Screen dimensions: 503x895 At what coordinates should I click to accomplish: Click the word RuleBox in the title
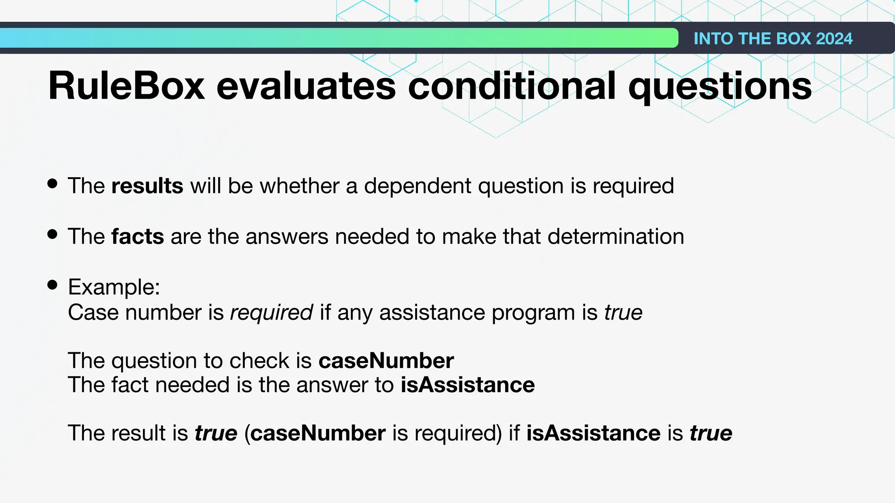[126, 86]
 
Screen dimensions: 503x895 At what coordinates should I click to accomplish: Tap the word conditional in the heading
[512, 86]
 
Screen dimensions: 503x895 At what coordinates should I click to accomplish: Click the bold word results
[147, 186]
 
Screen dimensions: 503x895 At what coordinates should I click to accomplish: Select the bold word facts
[138, 237]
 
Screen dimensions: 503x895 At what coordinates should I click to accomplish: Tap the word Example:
[114, 287]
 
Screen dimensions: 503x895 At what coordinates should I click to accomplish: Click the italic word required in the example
[271, 313]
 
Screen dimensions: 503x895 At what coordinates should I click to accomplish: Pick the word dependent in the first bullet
[417, 186]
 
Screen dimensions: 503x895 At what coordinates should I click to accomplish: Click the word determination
[615, 237]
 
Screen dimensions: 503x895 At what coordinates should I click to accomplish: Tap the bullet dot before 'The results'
[52, 184]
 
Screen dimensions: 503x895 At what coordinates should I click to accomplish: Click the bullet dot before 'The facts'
[52, 234]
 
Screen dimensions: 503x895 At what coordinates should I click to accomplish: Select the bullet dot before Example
[52, 285]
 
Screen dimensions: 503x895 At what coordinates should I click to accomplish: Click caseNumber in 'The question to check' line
[386, 361]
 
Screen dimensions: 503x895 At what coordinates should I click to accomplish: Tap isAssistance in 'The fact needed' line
[468, 385]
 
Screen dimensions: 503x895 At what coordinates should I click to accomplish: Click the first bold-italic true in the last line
[216, 433]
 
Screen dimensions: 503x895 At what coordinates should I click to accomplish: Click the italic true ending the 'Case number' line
[624, 313]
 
